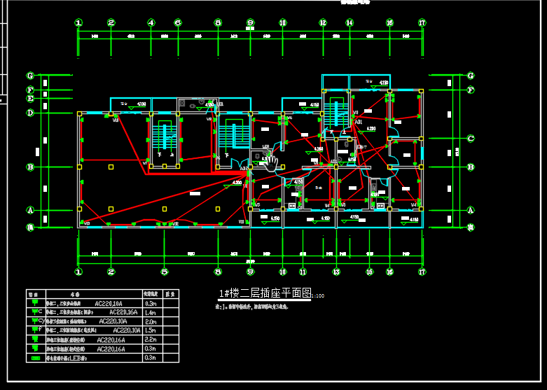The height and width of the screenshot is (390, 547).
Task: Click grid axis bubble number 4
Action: pyautogui.click(x=151, y=23)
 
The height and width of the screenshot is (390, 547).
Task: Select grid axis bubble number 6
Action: pyautogui.click(x=178, y=23)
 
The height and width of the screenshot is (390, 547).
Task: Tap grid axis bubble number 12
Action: pyautogui.click(x=323, y=23)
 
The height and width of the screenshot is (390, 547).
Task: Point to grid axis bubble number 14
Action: pyautogui.click(x=349, y=23)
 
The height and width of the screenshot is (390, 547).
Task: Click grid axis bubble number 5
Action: pyautogui.click(x=163, y=271)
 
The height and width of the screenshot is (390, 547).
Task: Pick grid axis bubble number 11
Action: pyautogui.click(x=303, y=271)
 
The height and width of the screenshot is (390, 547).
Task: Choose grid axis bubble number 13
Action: pyautogui.click(x=336, y=271)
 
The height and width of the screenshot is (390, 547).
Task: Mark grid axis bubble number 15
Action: pyautogui.click(x=370, y=271)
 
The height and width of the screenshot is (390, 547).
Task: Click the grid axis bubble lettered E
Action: pyautogui.click(x=30, y=99)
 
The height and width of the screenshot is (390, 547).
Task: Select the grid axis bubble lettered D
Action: pyautogui.click(x=30, y=112)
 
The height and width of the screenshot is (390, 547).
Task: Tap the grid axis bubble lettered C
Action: pyautogui.click(x=471, y=138)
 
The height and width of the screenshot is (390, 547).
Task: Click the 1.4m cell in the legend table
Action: pyautogui.click(x=151, y=312)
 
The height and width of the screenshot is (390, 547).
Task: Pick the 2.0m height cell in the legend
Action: pyautogui.click(x=151, y=321)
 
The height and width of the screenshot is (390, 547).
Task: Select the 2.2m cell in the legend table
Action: pyautogui.click(x=151, y=339)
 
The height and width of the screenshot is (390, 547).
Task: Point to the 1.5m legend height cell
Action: pyautogui.click(x=151, y=330)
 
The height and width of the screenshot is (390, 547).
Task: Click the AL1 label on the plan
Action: pyautogui.click(x=359, y=122)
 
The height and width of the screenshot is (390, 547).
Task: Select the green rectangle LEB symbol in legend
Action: pyautogui.click(x=36, y=358)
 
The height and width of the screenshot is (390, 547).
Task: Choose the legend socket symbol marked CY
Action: pyautogui.click(x=36, y=321)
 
